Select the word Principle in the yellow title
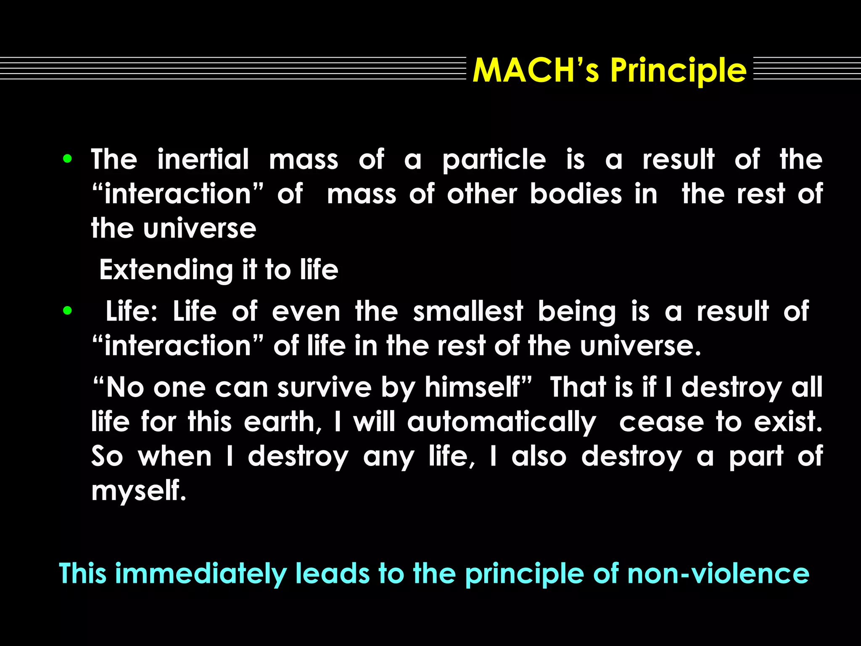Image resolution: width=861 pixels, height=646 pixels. [678, 71]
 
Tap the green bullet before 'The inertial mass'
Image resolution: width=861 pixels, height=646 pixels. [67, 159]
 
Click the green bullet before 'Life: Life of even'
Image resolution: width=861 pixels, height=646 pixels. [67, 311]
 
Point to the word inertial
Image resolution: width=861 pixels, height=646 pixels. [203, 159]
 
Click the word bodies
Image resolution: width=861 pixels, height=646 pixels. [576, 194]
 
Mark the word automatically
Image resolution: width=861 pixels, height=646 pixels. [502, 423]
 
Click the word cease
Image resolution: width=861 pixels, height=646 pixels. [661, 422]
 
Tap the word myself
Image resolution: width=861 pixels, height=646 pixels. [138, 491]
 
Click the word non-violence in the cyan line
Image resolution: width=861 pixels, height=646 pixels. [718, 573]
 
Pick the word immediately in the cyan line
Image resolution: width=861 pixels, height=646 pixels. [200, 574]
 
